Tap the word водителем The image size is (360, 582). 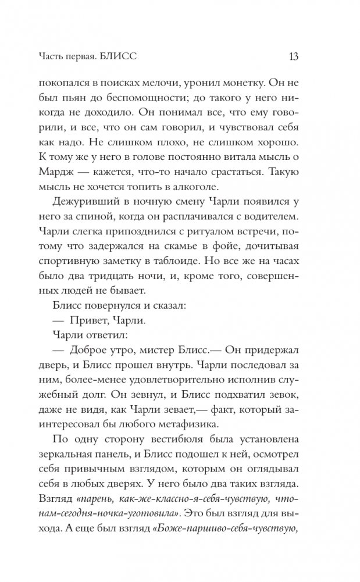(x=293, y=233)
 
